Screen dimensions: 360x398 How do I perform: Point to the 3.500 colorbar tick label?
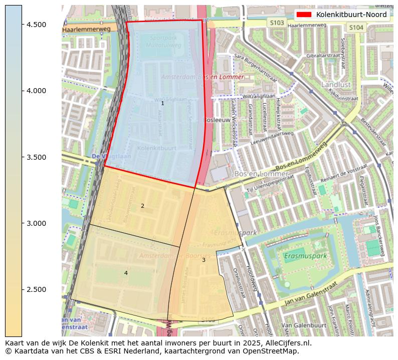36,157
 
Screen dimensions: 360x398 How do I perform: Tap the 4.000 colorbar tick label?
36,91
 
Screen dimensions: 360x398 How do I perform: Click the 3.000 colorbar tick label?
36,223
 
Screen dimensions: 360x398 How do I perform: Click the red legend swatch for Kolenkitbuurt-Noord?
304,15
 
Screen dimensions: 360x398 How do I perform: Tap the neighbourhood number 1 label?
162,103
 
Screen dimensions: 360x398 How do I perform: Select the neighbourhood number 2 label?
142,206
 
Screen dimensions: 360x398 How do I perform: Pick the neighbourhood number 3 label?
204,260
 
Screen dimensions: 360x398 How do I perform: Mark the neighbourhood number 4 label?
126,273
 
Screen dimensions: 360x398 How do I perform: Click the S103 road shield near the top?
276,23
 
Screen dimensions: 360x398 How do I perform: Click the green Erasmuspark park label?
305,256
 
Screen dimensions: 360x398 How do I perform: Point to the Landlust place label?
336,85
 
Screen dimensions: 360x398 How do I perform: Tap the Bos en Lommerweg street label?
301,155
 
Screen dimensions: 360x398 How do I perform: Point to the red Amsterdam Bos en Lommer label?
202,77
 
